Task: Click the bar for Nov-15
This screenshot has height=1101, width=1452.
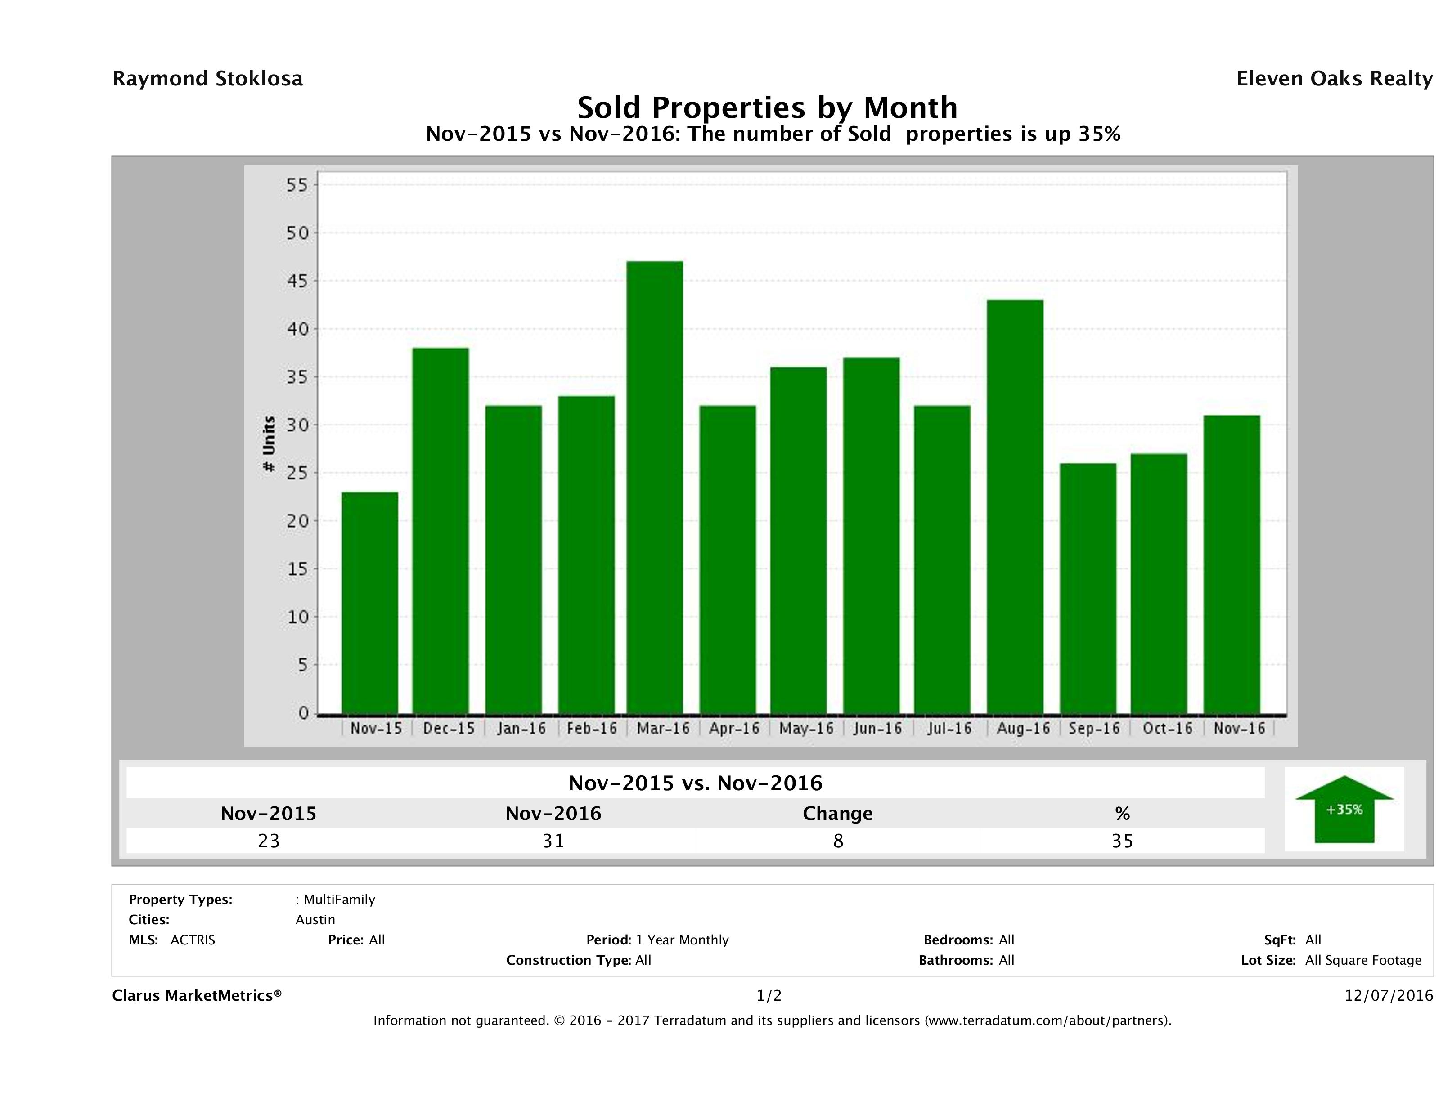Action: click(369, 602)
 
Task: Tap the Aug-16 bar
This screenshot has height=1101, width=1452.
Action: click(1015, 506)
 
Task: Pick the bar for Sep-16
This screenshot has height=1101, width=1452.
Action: click(1088, 588)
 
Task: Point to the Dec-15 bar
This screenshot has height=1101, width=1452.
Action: click(441, 530)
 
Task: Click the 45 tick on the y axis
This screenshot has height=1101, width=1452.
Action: click(297, 281)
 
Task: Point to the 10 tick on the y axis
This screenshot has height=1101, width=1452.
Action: click(297, 617)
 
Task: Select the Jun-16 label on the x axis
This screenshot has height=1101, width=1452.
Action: click(877, 728)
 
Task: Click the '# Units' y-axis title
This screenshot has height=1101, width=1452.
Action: click(269, 444)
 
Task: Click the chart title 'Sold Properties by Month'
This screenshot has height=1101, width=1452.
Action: click(767, 107)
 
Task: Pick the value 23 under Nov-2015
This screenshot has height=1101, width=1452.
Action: click(269, 841)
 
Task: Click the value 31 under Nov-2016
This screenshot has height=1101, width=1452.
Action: click(553, 841)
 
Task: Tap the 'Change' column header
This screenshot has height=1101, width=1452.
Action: click(838, 814)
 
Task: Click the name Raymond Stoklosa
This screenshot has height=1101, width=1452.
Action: click(207, 79)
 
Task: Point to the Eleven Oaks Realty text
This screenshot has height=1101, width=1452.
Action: click(1334, 79)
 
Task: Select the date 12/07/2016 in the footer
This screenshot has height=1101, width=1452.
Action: click(1388, 995)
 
